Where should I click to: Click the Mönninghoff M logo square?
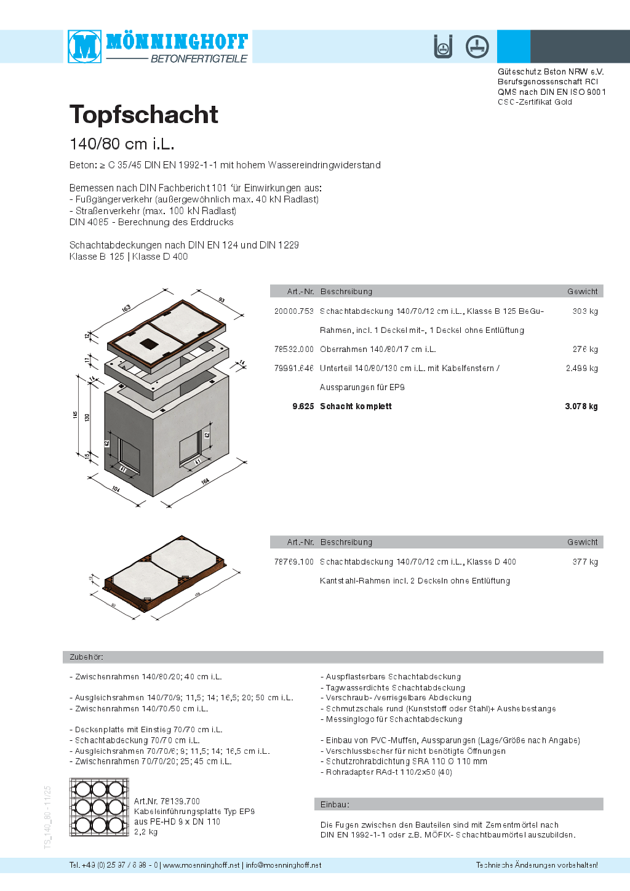coord(84,46)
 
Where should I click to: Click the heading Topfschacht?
coord(144,114)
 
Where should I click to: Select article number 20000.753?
coord(293,311)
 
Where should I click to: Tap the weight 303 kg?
coord(584,311)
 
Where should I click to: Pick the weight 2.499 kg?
coord(581,369)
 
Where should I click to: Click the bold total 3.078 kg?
coord(581,407)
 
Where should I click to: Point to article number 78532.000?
coord(293,350)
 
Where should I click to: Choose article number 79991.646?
coord(293,369)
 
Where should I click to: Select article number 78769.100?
coord(293,562)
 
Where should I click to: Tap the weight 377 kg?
coord(584,562)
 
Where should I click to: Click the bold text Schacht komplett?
coord(356,407)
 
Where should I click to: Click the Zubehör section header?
coord(87,657)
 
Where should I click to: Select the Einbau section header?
coord(335,804)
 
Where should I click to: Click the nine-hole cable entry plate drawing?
coord(99,807)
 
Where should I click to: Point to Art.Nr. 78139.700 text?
coord(167,801)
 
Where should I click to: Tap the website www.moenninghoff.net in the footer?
coord(201,865)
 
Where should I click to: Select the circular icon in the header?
coord(477,47)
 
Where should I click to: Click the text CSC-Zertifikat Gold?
coord(535,102)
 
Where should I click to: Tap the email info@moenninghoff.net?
coord(284,865)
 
